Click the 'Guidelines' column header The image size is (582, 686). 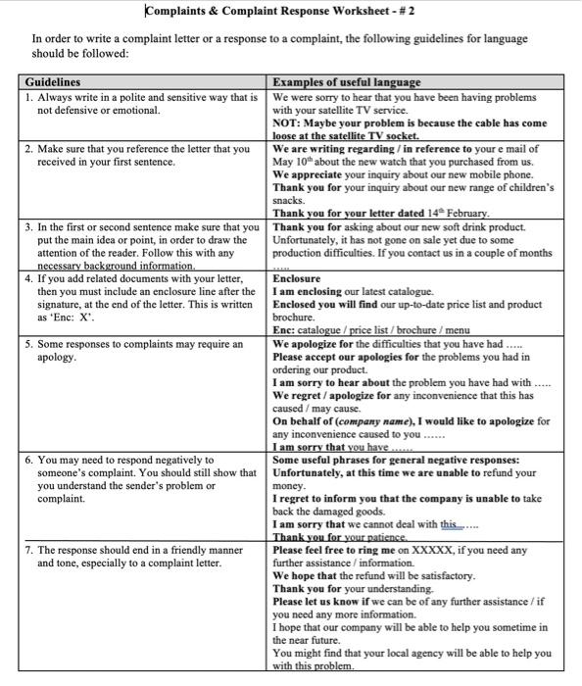point(53,82)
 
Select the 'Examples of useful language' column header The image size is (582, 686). point(346,82)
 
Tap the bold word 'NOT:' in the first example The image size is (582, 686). point(288,123)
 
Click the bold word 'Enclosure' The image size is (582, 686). point(296,278)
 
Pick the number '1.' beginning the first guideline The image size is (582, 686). point(29,98)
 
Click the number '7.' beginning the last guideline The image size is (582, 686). point(29,551)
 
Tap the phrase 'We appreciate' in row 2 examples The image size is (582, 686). point(307,174)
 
